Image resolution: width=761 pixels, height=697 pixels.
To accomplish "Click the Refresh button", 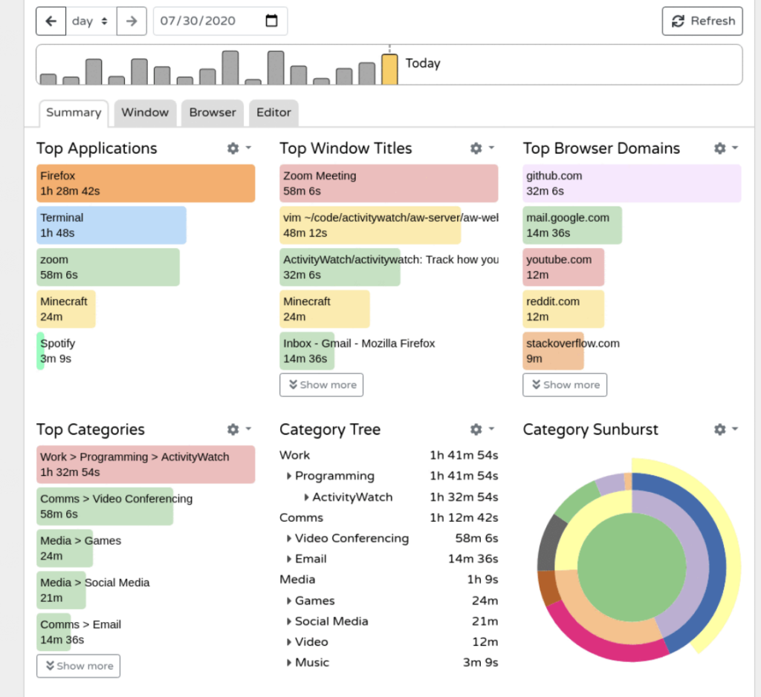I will click(702, 21).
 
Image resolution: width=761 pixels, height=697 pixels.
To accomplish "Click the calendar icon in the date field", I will click(271, 21).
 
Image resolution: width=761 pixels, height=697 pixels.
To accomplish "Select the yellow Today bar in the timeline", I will click(389, 69).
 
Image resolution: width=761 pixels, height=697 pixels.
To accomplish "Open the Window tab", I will click(145, 113).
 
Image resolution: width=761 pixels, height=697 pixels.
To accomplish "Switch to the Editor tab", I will click(273, 113).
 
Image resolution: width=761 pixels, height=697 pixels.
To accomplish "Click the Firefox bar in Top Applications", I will click(145, 183).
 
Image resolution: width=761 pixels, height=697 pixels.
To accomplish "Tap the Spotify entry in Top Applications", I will click(57, 351).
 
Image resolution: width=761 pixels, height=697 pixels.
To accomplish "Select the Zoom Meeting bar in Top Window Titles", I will click(388, 183).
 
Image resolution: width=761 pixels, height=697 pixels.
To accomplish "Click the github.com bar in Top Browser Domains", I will click(631, 183).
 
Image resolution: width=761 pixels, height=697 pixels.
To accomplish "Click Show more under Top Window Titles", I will click(322, 385).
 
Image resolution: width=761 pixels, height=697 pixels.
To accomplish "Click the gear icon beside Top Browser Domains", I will click(720, 148).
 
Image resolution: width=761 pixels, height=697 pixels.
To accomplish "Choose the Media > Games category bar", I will click(65, 548).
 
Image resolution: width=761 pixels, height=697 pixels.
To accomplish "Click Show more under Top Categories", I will click(78, 666).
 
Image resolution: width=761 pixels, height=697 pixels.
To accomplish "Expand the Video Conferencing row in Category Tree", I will click(289, 538).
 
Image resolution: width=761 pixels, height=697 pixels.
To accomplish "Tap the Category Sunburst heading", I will click(590, 430).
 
